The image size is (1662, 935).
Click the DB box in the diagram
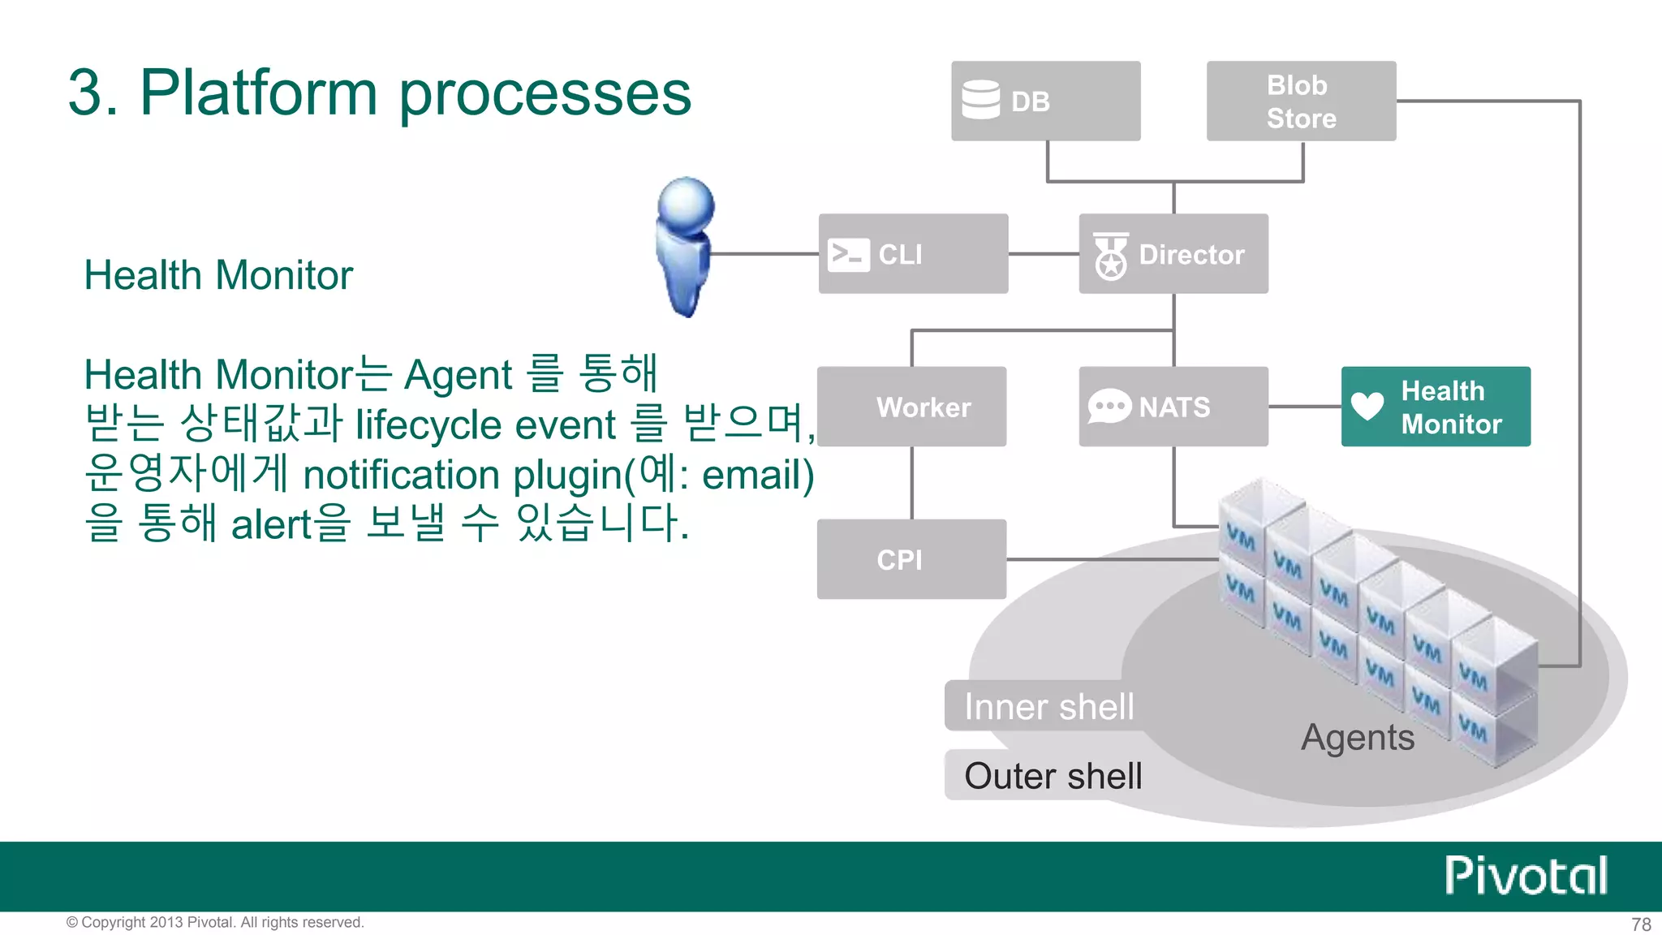[x=1045, y=101]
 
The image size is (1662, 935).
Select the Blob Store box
[x=1301, y=101]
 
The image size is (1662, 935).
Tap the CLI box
[x=913, y=254]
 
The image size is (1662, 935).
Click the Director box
[x=1173, y=254]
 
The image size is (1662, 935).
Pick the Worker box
[x=911, y=407]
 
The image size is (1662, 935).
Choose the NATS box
[x=1173, y=407]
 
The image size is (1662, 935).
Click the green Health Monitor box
[x=1436, y=407]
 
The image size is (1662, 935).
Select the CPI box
[x=911, y=559]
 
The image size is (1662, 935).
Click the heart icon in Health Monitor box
[x=1367, y=405]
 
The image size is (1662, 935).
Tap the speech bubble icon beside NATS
[x=1109, y=406]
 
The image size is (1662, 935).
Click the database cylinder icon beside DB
[x=980, y=100]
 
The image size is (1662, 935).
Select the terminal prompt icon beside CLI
[x=848, y=255]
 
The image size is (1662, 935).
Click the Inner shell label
[x=1048, y=706]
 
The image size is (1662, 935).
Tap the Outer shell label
[x=1053, y=776]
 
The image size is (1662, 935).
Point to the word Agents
[x=1358, y=737]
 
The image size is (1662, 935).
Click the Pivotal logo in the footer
[x=1526, y=876]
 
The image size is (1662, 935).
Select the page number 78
[x=1641, y=924]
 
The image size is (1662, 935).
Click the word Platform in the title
[x=259, y=93]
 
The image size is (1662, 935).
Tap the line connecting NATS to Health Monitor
[x=1305, y=407]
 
